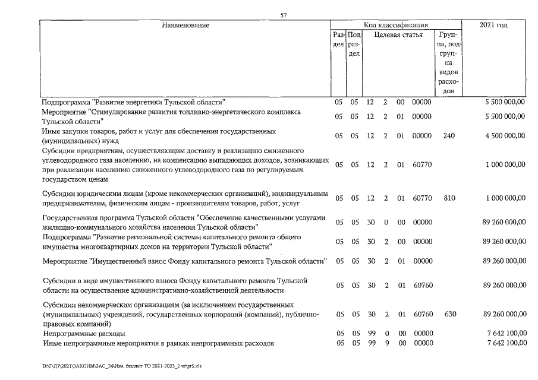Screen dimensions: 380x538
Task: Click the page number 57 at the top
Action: (283, 15)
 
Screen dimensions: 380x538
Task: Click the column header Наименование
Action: (185, 25)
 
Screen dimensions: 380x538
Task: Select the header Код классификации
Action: (396, 25)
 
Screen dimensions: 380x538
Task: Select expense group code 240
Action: (449, 135)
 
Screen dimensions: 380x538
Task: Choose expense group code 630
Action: (449, 313)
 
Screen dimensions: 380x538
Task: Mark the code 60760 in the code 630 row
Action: (421, 313)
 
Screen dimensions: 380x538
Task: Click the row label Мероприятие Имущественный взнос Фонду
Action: (184, 261)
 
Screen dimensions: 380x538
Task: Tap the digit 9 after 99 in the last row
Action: (385, 343)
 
